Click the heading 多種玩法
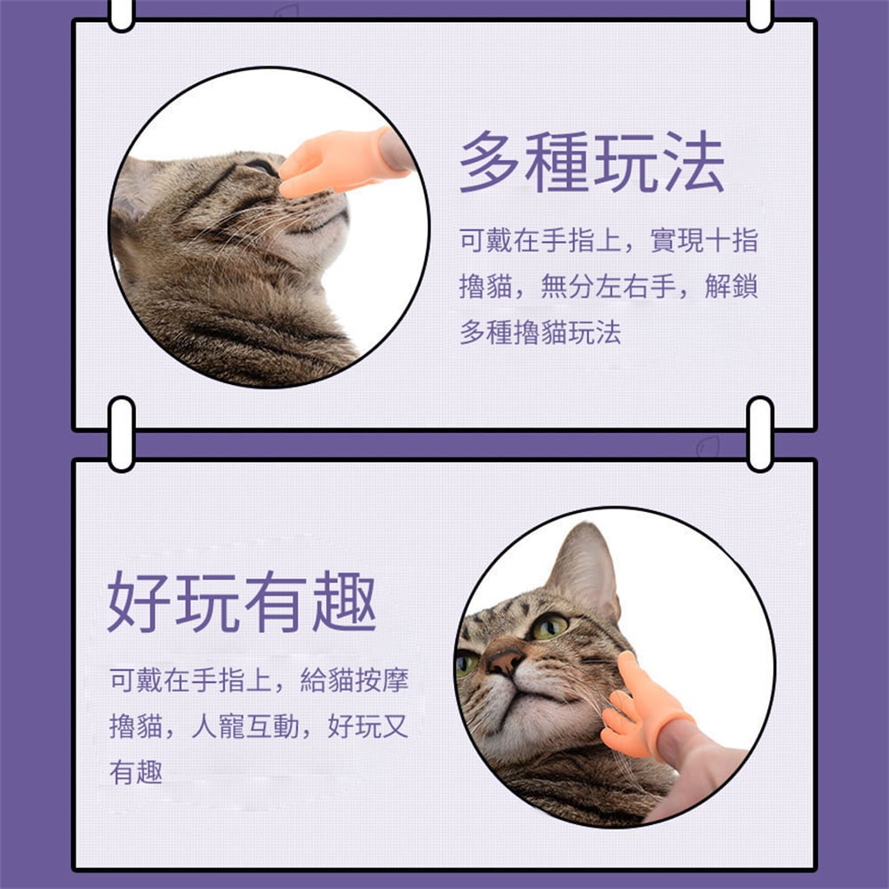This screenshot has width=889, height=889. [x=592, y=162]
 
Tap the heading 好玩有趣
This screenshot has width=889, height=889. [x=242, y=602]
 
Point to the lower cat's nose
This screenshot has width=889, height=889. [x=504, y=660]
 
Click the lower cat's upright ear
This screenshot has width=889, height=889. [x=585, y=569]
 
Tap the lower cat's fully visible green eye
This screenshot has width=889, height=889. [x=549, y=627]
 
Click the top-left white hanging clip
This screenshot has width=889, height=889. [x=121, y=14]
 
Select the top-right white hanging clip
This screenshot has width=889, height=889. [x=760, y=14]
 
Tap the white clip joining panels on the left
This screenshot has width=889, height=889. [x=121, y=434]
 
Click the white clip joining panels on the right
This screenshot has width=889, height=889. [x=760, y=434]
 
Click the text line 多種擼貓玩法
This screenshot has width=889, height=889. [x=541, y=332]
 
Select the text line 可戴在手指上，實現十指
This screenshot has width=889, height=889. [x=608, y=240]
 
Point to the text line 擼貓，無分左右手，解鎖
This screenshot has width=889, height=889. [x=608, y=286]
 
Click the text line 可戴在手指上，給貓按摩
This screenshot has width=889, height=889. [x=259, y=680]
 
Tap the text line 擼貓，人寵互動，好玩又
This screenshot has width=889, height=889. [x=259, y=725]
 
